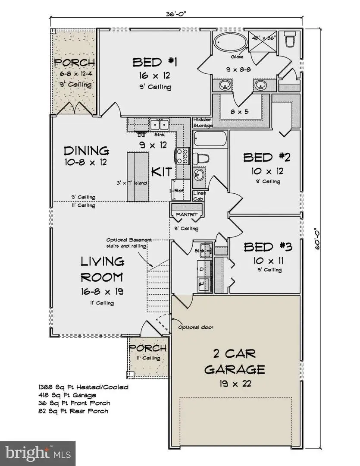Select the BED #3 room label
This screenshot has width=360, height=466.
click(268, 247)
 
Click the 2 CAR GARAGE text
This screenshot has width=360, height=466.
click(234, 362)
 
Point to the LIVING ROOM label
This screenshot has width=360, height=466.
click(103, 269)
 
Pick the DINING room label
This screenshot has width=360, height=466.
click(86, 151)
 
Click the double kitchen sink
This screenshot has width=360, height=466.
click(159, 125)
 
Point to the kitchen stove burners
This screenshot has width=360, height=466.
click(182, 156)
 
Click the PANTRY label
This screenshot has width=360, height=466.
click(187, 214)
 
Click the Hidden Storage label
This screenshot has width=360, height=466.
click(203, 123)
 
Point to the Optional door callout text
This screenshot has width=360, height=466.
click(196, 327)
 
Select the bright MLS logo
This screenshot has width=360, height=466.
click(38, 453)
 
